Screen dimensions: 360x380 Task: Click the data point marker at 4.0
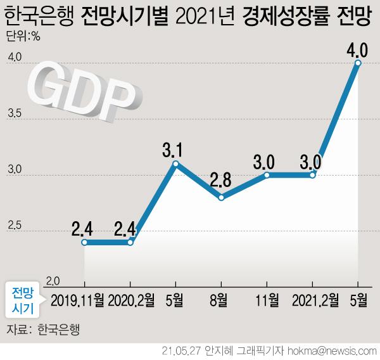358,63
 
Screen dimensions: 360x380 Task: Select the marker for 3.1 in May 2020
175,164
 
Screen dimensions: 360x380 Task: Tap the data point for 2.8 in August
221,198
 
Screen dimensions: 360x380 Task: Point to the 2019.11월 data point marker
84,242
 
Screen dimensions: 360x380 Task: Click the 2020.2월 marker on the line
130,242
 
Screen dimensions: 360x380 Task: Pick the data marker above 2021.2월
313,175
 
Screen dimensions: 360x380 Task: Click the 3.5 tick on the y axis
16,115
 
